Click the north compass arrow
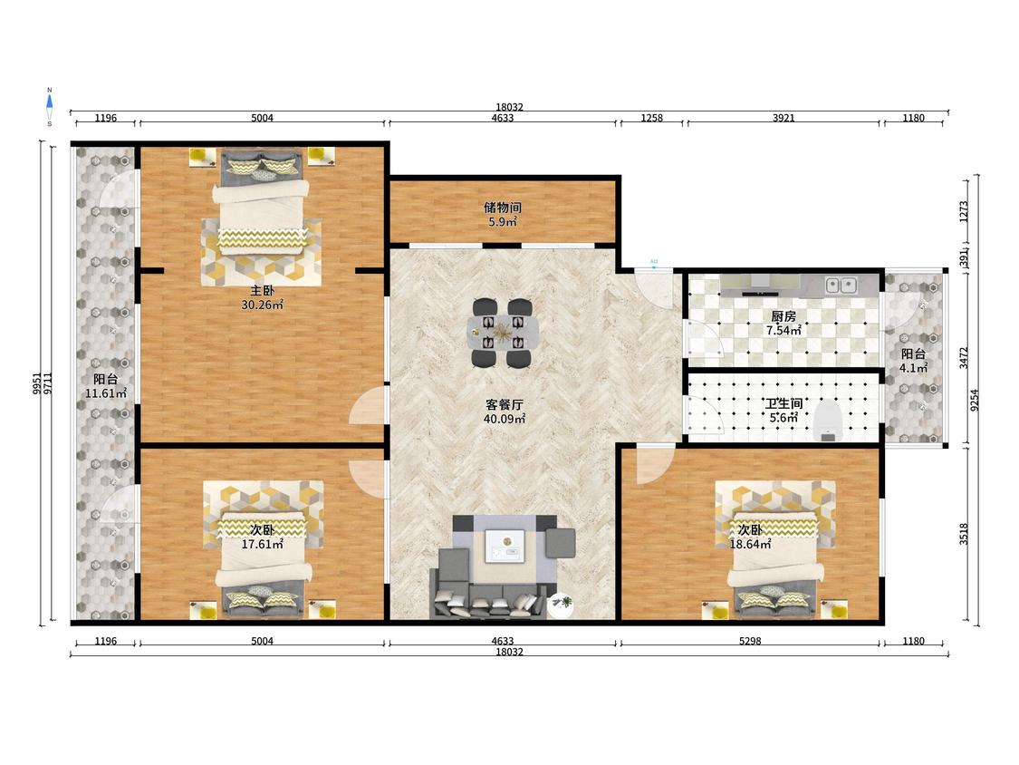[50, 102]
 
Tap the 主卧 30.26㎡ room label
[262, 297]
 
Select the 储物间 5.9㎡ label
[503, 214]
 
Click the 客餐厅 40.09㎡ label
[504, 412]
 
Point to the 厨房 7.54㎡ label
[783, 324]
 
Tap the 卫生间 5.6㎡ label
[783, 411]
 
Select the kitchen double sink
[841, 285]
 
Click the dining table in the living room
[503, 333]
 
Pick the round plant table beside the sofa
[560, 606]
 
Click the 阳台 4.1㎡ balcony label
[913, 361]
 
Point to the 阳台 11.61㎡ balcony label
[105, 386]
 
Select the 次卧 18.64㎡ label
[750, 537]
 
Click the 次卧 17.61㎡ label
[262, 537]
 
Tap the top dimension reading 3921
[783, 118]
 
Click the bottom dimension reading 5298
[750, 641]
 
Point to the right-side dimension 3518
[964, 534]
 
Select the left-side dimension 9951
[37, 383]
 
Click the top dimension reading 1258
[652, 118]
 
